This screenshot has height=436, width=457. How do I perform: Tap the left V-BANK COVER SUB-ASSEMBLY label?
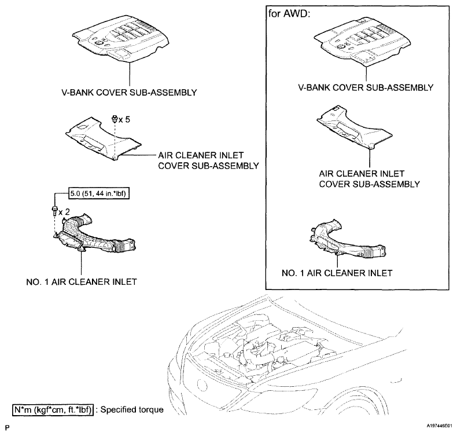pyautogui.click(x=131, y=92)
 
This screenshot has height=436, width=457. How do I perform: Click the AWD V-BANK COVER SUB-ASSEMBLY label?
pyautogui.click(x=366, y=87)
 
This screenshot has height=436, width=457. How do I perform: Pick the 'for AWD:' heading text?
pyautogui.click(x=288, y=13)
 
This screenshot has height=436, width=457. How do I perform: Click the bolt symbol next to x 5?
pyautogui.click(x=115, y=119)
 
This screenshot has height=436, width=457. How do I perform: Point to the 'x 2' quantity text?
pyautogui.click(x=63, y=211)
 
